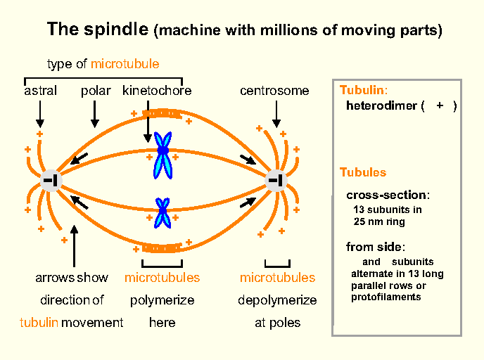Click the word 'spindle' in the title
click(121, 30)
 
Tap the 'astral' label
click(40, 91)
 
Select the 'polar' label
click(96, 91)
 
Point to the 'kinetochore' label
click(156, 91)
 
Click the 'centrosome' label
click(274, 91)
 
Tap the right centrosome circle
click(276, 181)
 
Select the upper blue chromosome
click(163, 155)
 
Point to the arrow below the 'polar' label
click(96, 112)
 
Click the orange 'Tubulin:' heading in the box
click(364, 91)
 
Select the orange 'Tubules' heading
click(363, 172)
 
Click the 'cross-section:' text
click(388, 195)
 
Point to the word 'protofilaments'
click(386, 297)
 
